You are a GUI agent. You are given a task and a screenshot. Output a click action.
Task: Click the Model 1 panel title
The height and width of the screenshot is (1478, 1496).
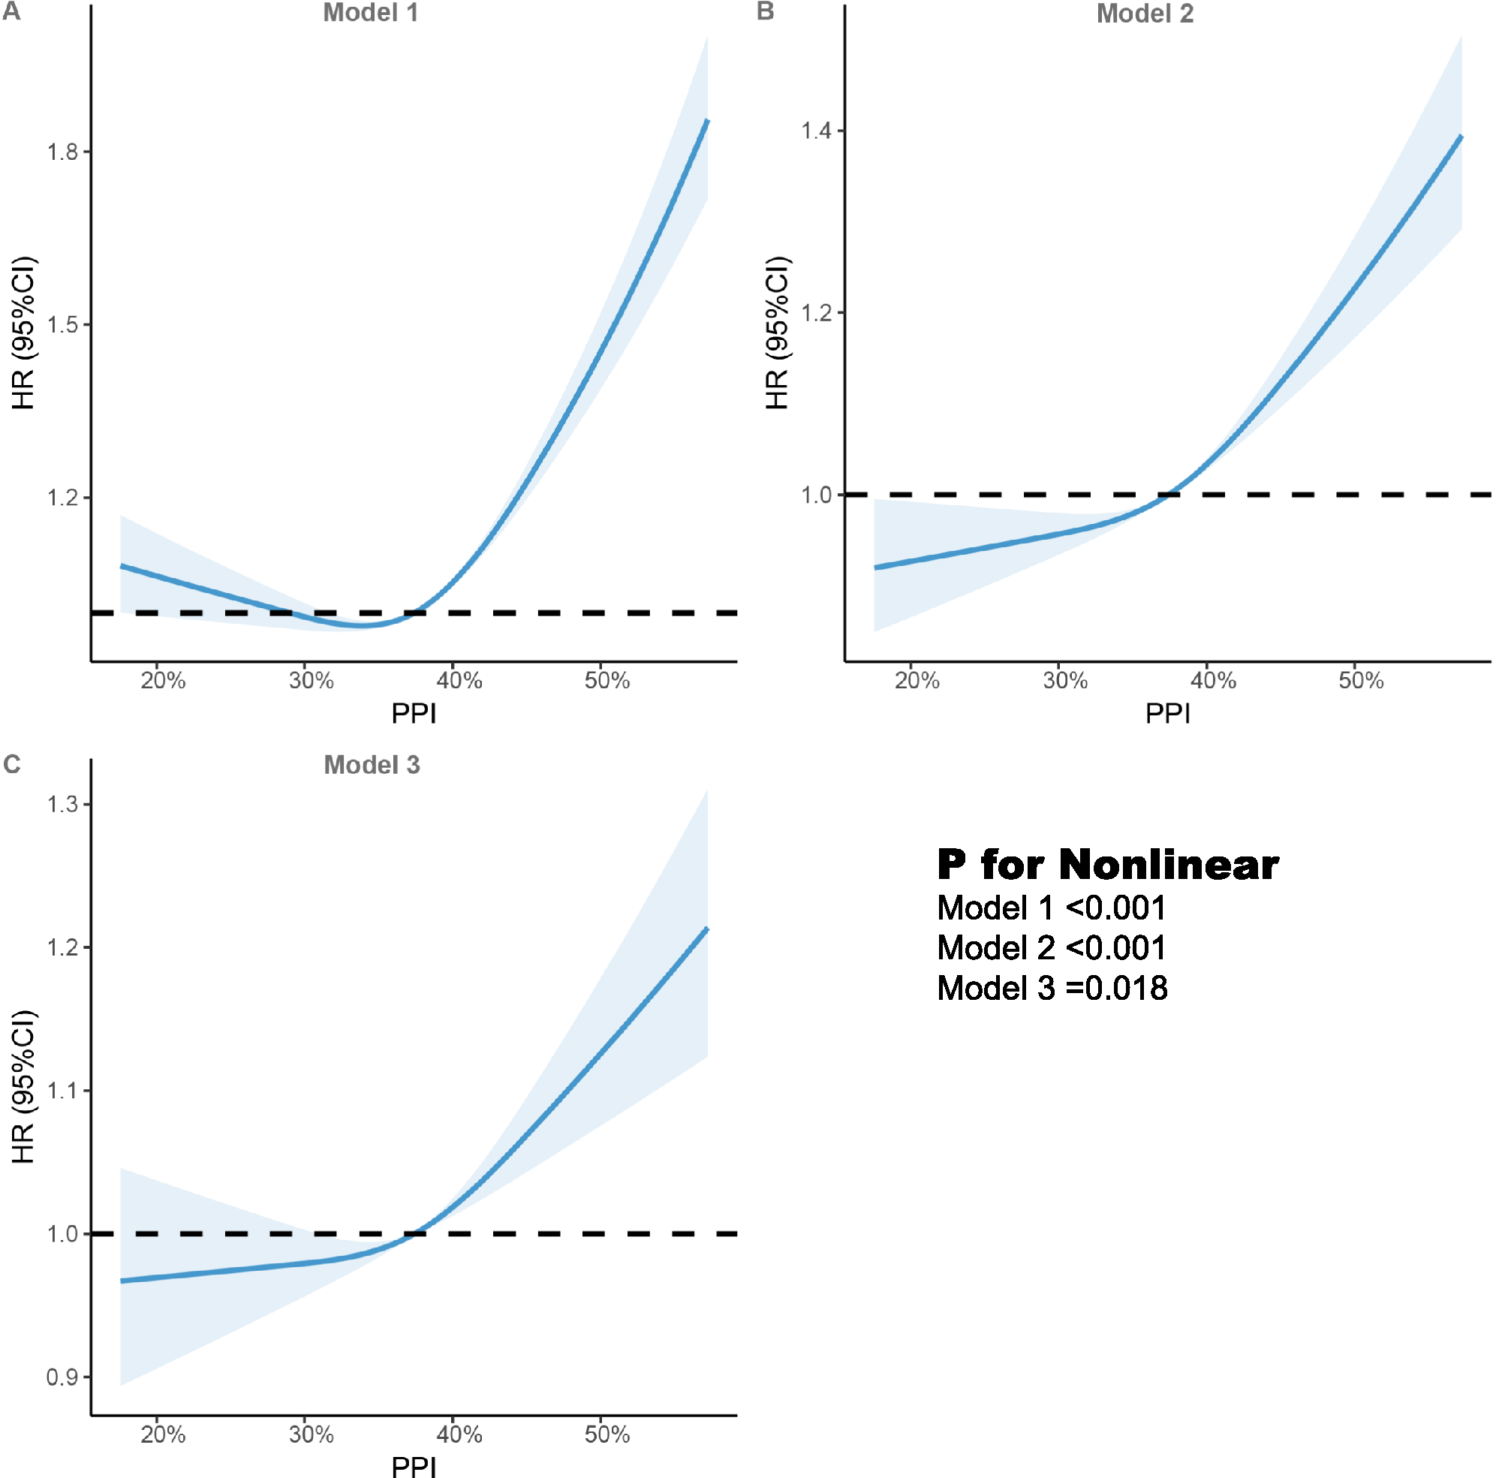click(370, 14)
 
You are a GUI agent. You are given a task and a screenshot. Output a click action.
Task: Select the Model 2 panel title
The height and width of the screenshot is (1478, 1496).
click(1145, 14)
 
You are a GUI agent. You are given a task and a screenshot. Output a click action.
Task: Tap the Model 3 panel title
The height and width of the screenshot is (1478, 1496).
click(372, 765)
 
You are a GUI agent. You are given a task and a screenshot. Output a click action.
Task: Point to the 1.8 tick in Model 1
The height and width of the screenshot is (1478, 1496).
click(63, 152)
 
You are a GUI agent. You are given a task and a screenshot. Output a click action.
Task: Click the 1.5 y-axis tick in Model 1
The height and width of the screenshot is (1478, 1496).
click(63, 324)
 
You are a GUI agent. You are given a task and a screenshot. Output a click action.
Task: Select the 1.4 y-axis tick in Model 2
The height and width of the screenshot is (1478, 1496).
click(816, 130)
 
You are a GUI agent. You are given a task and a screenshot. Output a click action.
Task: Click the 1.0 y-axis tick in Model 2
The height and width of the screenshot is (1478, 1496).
click(816, 494)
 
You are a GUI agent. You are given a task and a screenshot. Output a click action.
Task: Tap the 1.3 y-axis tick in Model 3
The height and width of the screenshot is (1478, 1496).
click(63, 805)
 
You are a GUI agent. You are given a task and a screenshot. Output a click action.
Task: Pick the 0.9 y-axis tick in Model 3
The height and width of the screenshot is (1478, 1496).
click(63, 1377)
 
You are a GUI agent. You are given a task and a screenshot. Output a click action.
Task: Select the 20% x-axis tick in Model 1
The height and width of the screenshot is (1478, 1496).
click(163, 681)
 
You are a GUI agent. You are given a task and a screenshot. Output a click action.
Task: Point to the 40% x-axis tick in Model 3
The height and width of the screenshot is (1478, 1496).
click(459, 1434)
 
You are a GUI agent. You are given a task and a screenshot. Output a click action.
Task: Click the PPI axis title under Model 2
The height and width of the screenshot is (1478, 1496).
click(1168, 713)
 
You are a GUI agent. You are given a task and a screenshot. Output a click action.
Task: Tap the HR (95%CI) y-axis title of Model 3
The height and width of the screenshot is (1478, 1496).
click(23, 1086)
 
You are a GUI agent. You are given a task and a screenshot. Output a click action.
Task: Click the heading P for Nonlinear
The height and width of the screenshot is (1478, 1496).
click(1107, 864)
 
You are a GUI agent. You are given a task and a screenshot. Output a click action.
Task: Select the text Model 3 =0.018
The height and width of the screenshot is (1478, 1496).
click(1052, 988)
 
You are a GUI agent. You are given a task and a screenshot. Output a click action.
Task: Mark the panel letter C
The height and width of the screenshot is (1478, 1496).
click(11, 764)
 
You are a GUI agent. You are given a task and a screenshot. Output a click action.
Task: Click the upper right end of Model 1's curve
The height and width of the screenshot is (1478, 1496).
click(707, 122)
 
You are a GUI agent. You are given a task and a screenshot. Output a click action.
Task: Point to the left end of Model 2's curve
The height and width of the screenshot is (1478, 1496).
click(876, 567)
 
